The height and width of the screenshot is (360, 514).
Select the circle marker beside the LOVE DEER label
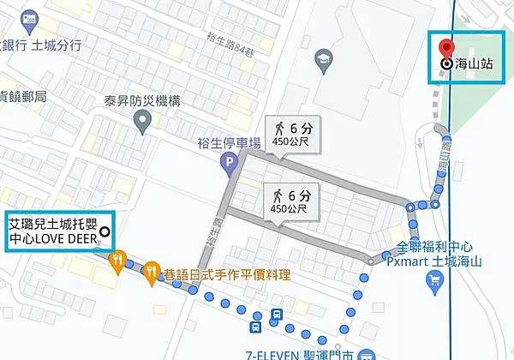click(105, 231)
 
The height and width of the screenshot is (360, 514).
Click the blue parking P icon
click(228, 161)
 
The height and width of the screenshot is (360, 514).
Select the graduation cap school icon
click(323, 59)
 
